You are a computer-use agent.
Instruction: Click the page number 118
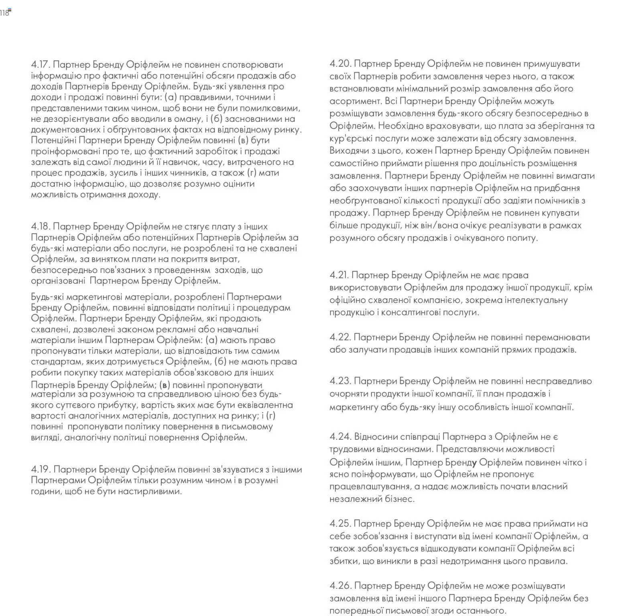pyautogui.click(x=4, y=13)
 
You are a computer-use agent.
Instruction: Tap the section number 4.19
pyautogui.click(x=41, y=470)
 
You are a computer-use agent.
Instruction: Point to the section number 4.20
pyautogui.click(x=340, y=64)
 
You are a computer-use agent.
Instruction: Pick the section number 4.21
pyautogui.click(x=339, y=275)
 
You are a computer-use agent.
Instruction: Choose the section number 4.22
pyautogui.click(x=340, y=337)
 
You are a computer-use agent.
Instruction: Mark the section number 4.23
pyautogui.click(x=340, y=381)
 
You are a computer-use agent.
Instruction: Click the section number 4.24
pyautogui.click(x=340, y=437)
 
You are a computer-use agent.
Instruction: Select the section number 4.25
pyautogui.click(x=340, y=524)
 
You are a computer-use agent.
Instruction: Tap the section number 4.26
pyautogui.click(x=340, y=586)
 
